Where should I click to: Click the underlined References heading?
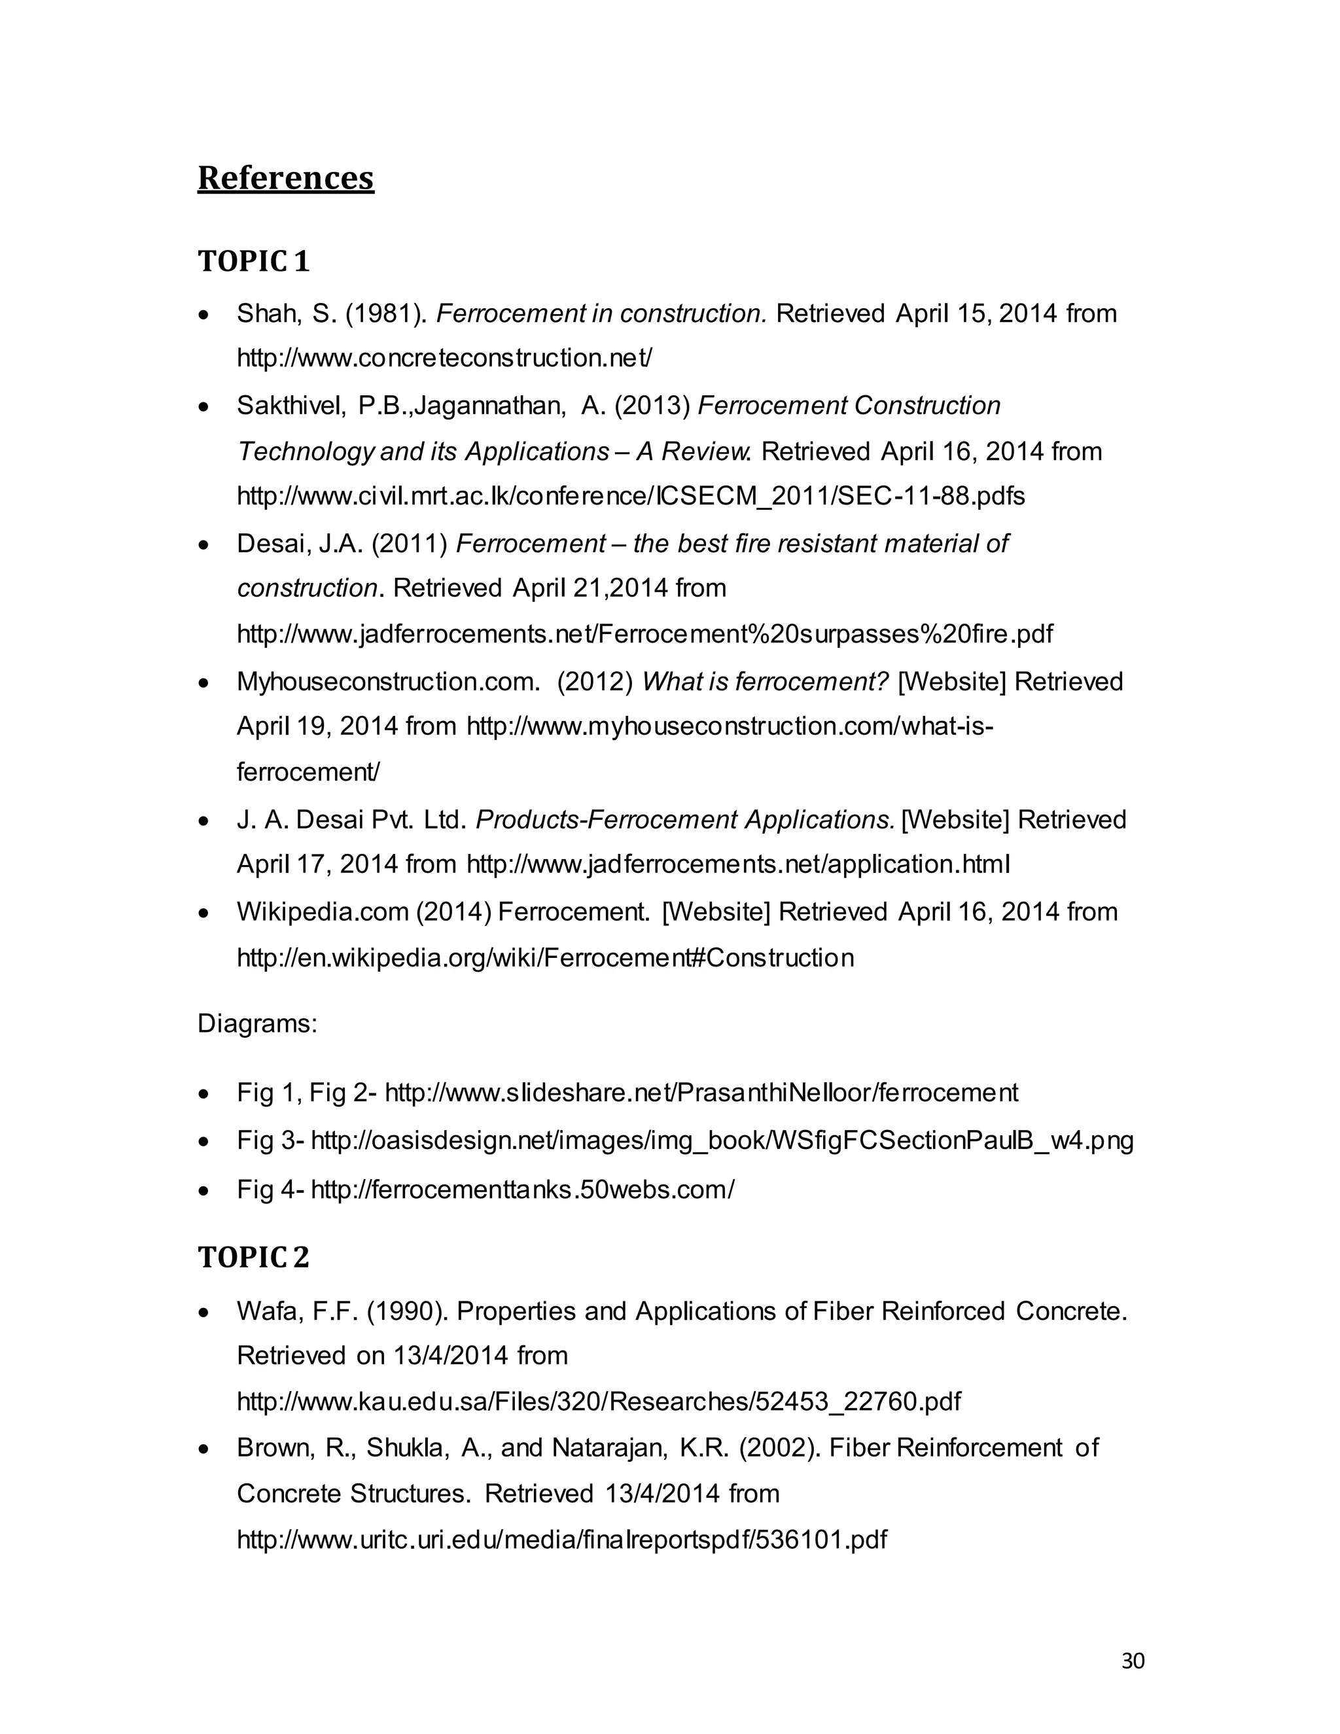285,178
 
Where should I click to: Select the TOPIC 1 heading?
253,261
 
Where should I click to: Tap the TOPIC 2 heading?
253,1257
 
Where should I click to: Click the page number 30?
1133,1661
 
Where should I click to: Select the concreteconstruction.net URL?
444,358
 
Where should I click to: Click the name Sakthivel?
291,406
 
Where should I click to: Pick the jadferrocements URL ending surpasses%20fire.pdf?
644,633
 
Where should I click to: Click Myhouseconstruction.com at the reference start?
387,681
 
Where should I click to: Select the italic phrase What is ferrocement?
764,681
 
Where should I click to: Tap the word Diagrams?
257,1023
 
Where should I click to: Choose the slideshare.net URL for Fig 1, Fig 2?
701,1093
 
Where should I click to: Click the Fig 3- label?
270,1141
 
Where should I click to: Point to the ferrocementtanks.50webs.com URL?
522,1190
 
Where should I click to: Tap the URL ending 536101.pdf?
561,1540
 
